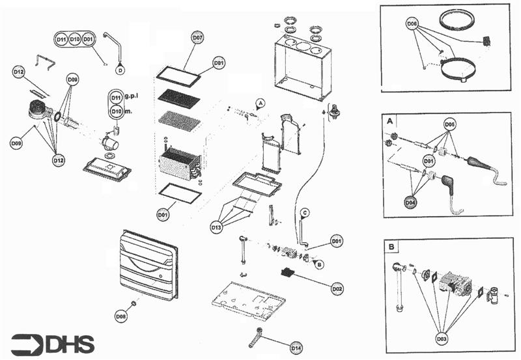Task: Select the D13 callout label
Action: [217, 227]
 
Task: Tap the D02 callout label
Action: [337, 288]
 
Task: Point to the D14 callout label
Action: [296, 348]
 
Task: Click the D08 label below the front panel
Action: [121, 316]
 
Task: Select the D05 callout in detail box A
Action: [450, 123]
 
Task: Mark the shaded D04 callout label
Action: [410, 202]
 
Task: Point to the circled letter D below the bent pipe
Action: [120, 69]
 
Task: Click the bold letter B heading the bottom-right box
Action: [389, 247]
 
